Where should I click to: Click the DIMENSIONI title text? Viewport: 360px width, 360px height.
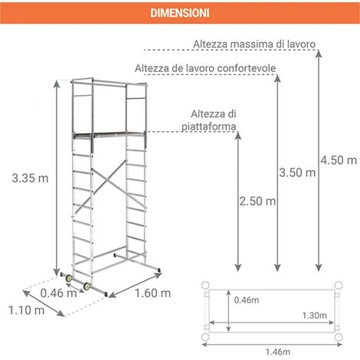click(180, 13)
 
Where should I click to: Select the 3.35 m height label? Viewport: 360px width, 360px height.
click(30, 178)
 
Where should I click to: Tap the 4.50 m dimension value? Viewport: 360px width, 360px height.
click(339, 160)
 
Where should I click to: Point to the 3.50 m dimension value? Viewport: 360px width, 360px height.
click(297, 172)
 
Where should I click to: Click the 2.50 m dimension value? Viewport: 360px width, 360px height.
click(257, 201)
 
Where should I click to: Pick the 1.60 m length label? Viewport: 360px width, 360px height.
click(152, 293)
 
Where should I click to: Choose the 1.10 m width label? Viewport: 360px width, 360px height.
click(27, 310)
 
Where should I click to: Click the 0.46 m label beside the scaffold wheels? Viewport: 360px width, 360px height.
click(58, 293)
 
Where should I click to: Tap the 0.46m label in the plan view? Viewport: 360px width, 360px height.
click(247, 300)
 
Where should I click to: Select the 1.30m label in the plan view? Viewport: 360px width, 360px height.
click(315, 316)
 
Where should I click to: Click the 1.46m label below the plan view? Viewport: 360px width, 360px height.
click(278, 352)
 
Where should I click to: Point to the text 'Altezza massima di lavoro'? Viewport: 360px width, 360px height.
click(254, 44)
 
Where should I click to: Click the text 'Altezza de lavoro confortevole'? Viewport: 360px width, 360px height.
click(205, 68)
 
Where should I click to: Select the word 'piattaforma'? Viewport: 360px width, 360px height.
click(208, 126)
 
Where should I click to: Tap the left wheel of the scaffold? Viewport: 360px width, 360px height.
click(69, 278)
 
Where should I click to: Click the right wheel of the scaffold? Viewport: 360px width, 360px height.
click(87, 286)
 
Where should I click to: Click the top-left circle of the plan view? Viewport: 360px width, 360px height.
click(205, 285)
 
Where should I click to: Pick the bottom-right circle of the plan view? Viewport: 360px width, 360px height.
click(339, 337)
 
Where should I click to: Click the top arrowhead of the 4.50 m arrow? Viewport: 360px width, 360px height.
click(319, 54)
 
